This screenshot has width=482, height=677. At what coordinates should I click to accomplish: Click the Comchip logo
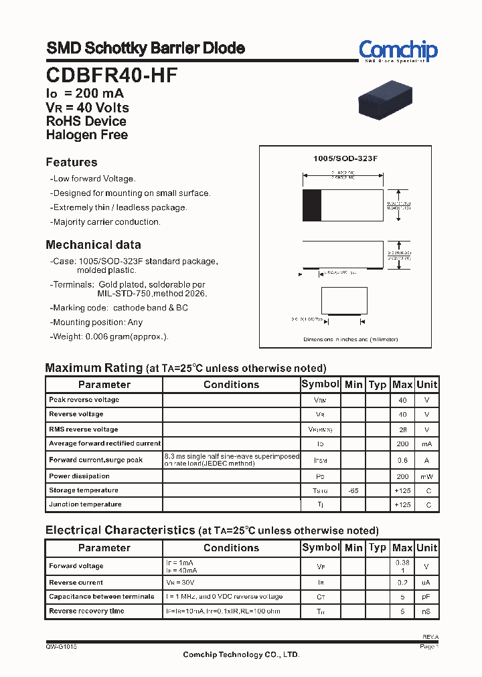398,51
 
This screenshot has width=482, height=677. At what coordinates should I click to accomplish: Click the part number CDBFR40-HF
112,76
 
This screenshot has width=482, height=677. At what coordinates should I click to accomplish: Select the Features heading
72,163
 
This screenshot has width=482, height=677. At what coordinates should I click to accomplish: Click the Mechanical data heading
93,245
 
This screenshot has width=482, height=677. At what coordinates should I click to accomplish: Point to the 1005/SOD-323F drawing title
345,159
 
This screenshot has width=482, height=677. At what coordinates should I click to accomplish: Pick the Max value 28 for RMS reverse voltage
402,429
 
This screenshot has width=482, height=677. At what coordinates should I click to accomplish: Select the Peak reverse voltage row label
84,400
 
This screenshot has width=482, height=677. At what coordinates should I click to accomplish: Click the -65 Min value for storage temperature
353,491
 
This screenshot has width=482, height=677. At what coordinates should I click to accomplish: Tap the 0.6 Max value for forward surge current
402,460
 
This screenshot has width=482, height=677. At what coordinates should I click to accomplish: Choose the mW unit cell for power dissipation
426,476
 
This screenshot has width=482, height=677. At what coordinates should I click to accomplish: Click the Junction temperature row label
85,504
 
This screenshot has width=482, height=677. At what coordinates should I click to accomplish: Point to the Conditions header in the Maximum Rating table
231,385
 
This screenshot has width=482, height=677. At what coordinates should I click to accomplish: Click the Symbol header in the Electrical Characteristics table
321,547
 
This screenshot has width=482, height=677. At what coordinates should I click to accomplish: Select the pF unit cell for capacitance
426,597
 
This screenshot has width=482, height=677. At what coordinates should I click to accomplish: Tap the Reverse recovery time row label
86,611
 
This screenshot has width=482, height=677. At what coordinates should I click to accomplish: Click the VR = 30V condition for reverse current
179,583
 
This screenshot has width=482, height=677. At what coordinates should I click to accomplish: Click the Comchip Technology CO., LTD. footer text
241,655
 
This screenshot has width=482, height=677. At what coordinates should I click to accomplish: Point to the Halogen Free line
87,134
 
